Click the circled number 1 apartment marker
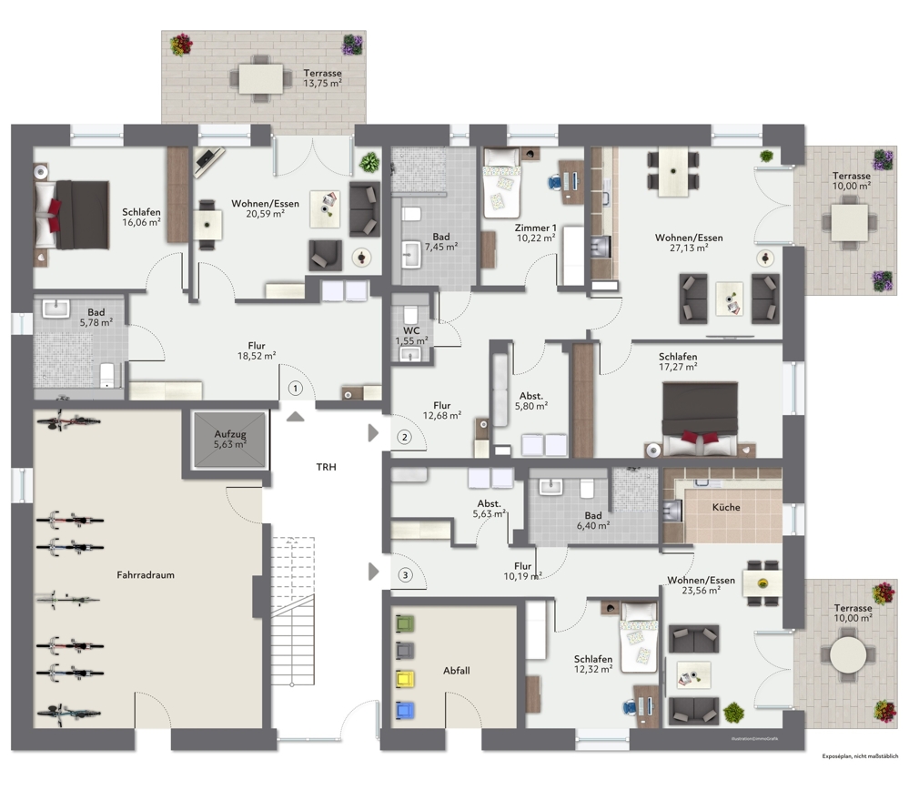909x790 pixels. (294, 389)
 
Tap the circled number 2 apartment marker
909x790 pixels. (404, 437)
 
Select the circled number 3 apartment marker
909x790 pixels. (405, 574)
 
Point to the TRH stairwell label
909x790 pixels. (326, 468)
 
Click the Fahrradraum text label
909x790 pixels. (145, 575)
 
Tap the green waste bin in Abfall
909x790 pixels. (405, 624)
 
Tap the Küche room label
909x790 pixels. (726, 508)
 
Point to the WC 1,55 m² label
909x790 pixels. (411, 334)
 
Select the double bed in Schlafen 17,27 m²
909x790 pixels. (699, 417)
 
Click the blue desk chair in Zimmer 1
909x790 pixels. (554, 181)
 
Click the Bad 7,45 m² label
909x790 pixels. (440, 240)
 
